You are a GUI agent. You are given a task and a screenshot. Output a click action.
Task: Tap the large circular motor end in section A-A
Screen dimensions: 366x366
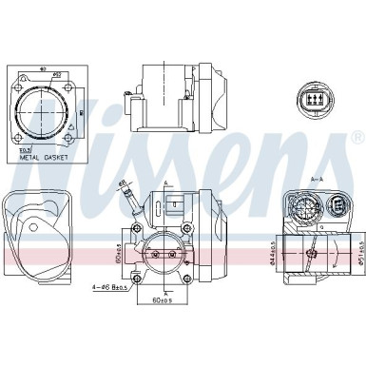(x=303, y=208)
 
